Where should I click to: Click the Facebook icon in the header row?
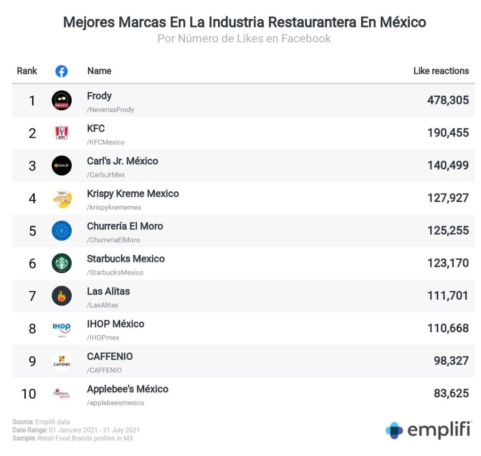point(61,71)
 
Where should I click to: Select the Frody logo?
point(61,100)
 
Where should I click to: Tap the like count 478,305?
point(448,100)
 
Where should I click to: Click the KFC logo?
point(61,133)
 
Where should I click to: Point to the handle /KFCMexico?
point(106,142)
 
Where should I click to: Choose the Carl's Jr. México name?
point(122,161)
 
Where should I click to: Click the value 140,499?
point(448,165)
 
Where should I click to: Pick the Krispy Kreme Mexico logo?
point(61,198)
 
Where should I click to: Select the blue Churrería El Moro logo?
point(61,230)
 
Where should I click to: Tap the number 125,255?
point(448,230)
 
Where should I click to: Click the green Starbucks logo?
point(61,263)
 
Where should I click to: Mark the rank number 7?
point(32,296)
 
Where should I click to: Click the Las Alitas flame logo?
point(61,296)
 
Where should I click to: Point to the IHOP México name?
point(115,324)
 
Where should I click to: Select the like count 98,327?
point(451,361)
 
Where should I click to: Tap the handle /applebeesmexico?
point(115,403)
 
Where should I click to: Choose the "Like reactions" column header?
point(441,71)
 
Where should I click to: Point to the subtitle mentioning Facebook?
point(244,39)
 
